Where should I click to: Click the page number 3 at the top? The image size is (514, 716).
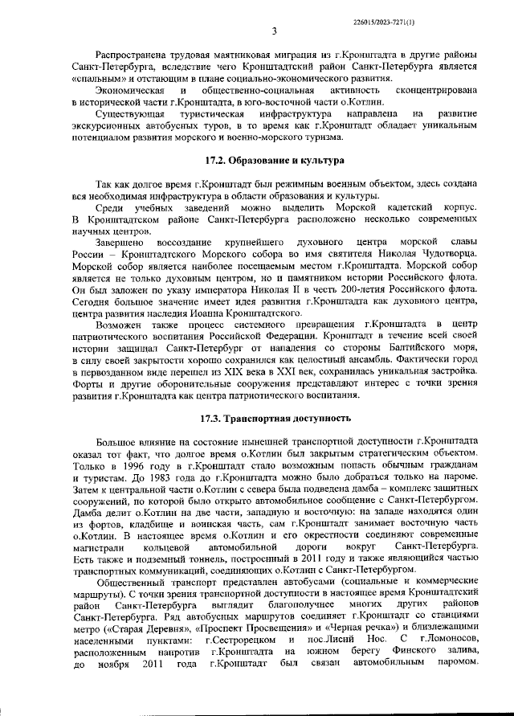(x=274, y=31)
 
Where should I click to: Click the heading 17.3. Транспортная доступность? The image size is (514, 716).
(x=275, y=419)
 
